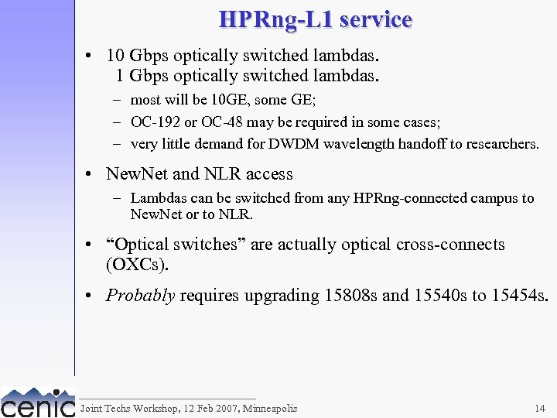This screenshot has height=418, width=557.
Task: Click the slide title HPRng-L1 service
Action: coord(316,19)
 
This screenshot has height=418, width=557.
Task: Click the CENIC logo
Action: coord(37,403)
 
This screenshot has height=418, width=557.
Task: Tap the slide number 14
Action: coord(539,408)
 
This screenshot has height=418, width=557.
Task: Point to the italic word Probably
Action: coord(140,295)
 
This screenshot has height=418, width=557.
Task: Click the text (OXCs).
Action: coord(137,264)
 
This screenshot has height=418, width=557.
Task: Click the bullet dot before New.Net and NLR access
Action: coord(91,174)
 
